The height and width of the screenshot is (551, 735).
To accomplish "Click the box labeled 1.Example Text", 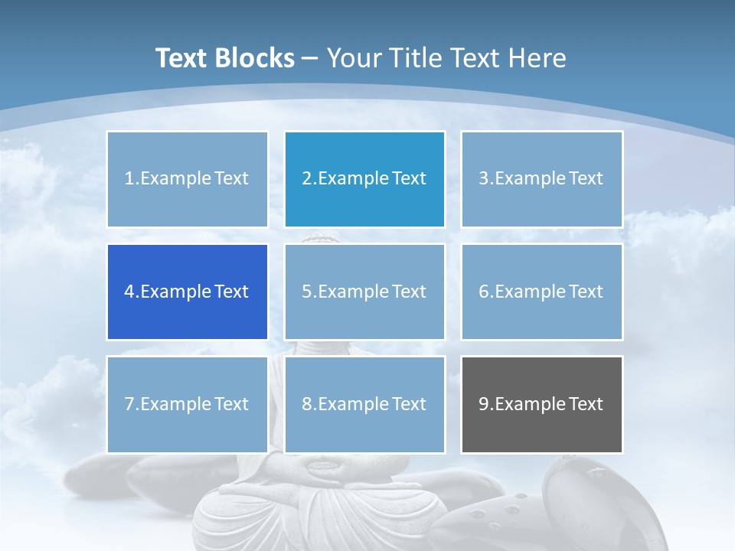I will click(187, 179).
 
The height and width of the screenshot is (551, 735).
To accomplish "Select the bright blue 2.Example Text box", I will click(364, 179).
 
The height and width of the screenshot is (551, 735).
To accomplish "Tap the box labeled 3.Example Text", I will click(541, 179).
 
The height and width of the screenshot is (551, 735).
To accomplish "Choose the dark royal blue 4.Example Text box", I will click(187, 292).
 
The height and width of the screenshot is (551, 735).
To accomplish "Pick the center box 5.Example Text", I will click(364, 292).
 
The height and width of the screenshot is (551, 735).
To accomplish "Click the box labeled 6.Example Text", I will click(541, 292).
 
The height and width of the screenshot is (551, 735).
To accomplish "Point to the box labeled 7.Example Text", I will click(187, 404).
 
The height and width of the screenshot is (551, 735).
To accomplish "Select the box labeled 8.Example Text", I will click(364, 404).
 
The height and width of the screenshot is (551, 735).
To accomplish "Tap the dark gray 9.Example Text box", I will click(541, 404).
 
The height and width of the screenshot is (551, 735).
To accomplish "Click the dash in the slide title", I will click(310, 58).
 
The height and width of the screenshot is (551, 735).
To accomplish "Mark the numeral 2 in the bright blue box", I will click(306, 179).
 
